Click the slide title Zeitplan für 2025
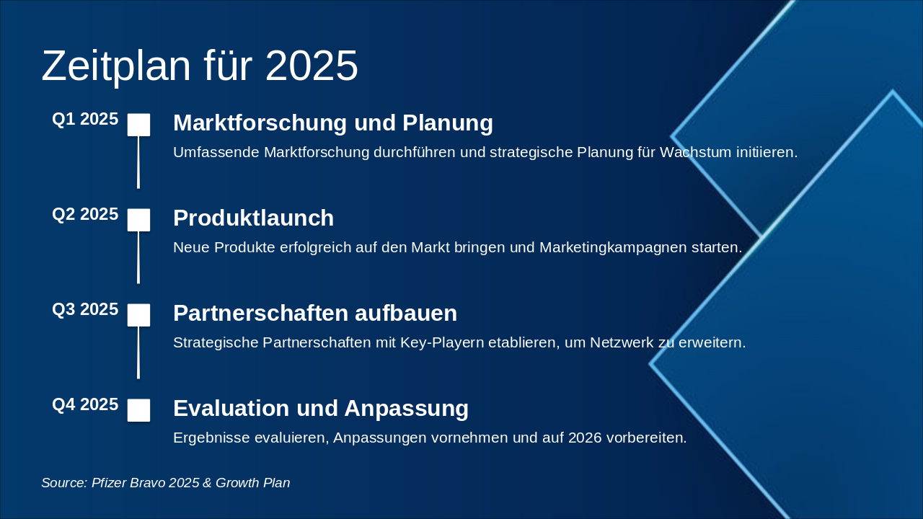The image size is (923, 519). (200, 66)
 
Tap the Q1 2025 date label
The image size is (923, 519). (85, 120)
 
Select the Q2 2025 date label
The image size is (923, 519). (85, 215)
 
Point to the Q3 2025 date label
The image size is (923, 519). (85, 310)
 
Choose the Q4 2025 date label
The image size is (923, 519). (85, 405)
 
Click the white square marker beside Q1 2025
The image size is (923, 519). (138, 125)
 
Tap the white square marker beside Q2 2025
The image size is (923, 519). (138, 220)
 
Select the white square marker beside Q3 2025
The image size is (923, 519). (138, 315)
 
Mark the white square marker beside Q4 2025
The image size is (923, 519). (138, 410)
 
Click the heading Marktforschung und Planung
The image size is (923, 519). (333, 123)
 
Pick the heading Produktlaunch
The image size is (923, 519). (253, 218)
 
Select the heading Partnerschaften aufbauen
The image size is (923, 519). (315, 314)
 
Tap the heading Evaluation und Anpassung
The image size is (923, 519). (321, 409)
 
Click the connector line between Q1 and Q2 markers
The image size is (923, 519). (138, 163)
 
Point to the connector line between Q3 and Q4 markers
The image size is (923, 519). (138, 353)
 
